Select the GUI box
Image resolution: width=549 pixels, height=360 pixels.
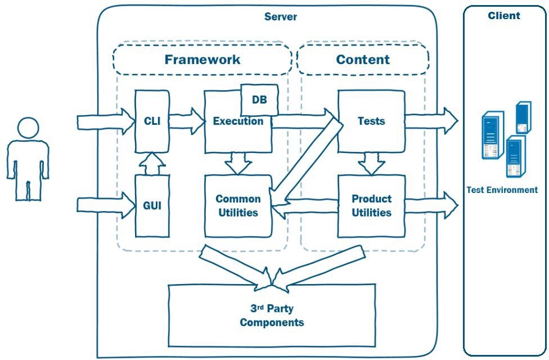click(152, 205)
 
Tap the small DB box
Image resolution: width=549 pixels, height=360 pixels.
click(259, 100)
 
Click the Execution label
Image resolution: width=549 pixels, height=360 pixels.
click(238, 121)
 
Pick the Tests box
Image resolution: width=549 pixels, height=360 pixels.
click(371, 121)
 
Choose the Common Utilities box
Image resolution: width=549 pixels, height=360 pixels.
click(238, 206)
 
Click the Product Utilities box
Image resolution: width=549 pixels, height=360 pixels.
click(371, 206)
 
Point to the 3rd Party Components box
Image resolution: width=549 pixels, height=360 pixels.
click(272, 316)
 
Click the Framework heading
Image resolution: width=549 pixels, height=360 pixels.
click(202, 60)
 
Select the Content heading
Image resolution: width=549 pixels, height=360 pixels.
click(363, 60)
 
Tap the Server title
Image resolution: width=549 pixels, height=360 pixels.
click(281, 17)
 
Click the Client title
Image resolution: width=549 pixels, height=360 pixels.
click(504, 16)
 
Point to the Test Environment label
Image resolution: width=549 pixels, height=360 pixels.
click(502, 190)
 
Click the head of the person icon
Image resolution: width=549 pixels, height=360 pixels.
click(28, 128)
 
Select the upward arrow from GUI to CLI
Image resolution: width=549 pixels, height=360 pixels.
click(152, 164)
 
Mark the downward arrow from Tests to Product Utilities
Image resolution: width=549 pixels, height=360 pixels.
click(371, 164)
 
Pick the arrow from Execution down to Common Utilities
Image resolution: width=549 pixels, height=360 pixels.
click(238, 164)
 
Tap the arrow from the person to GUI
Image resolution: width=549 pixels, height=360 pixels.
click(105, 205)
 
